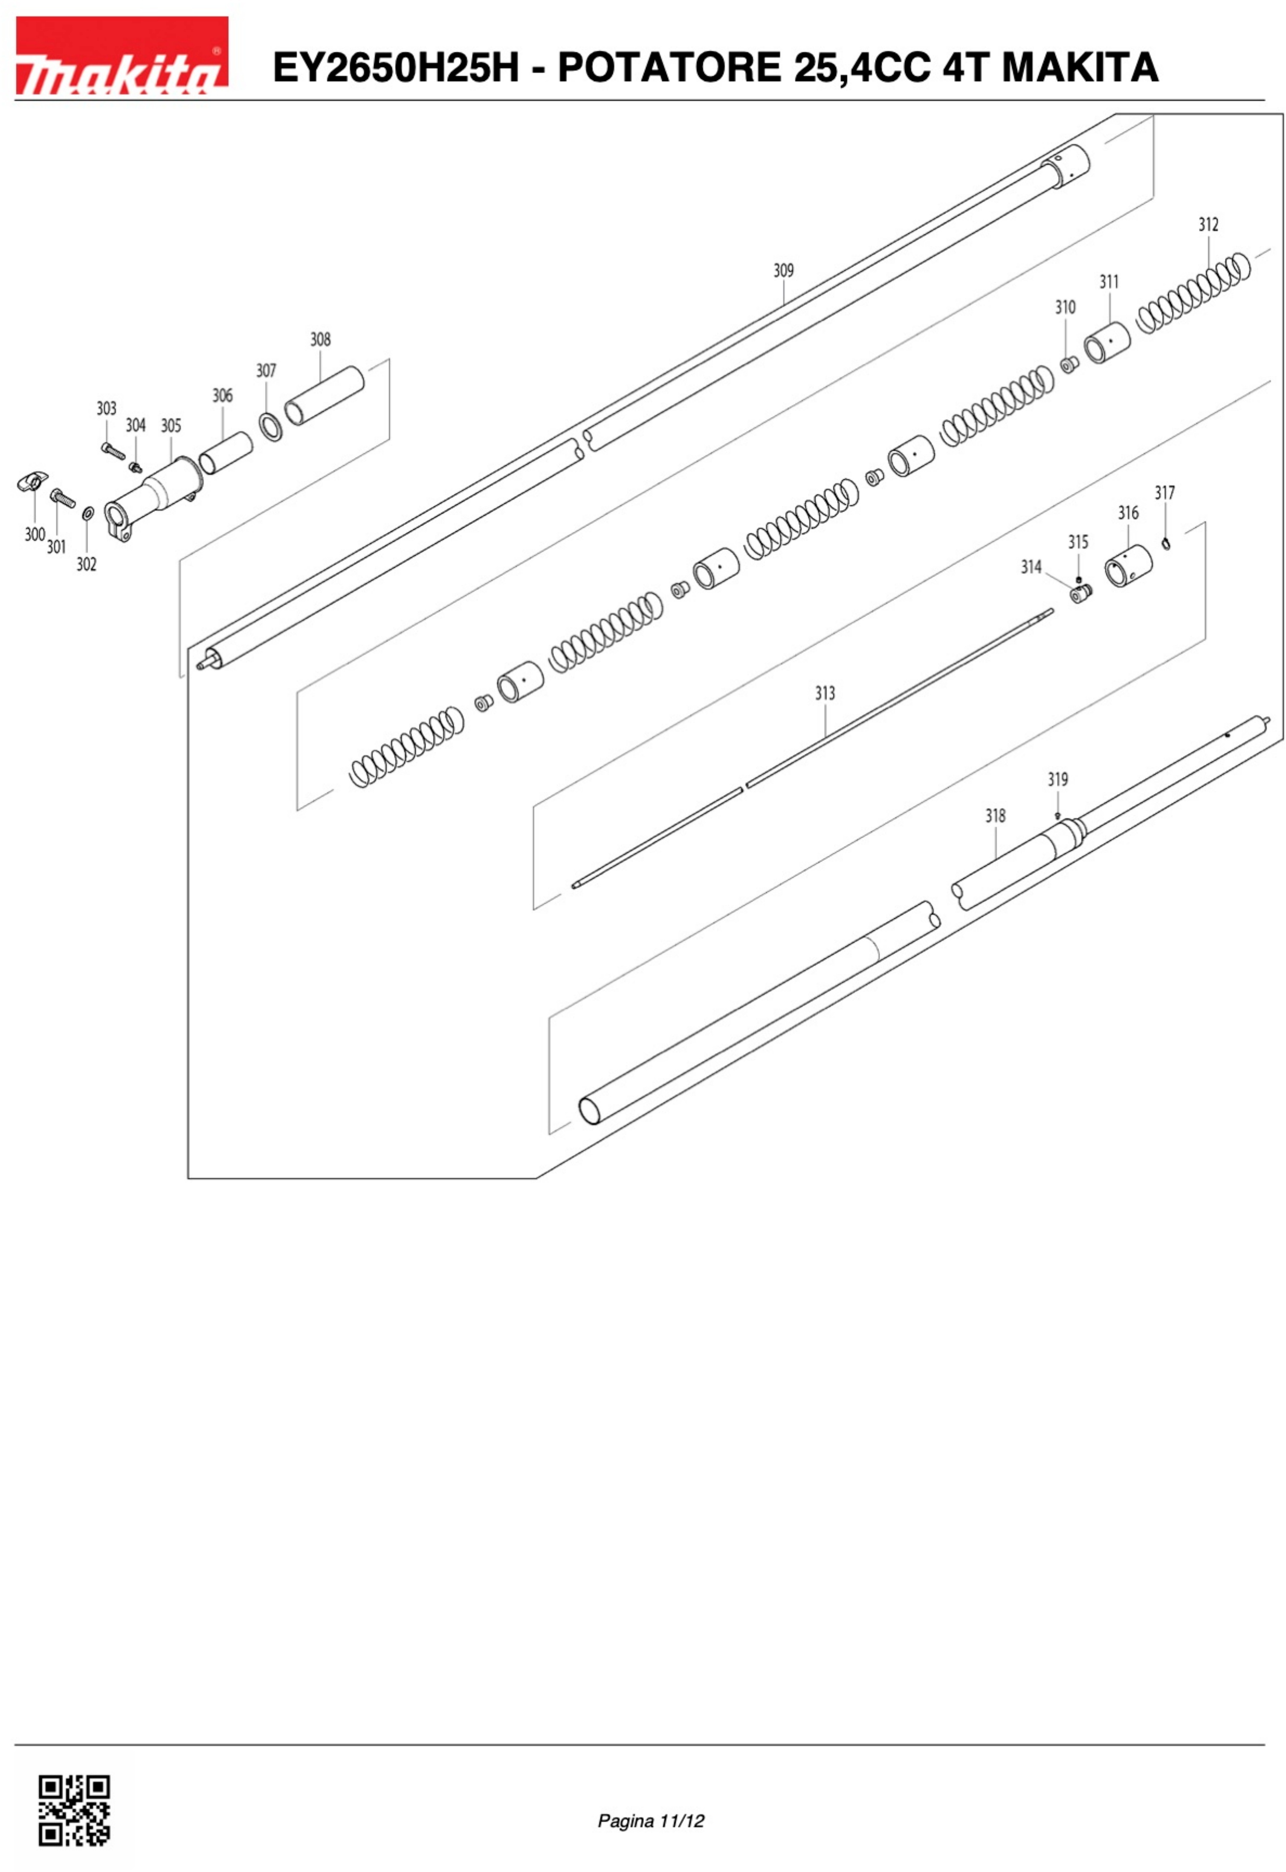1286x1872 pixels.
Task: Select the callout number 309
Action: [x=783, y=271]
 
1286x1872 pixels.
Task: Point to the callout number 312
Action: [x=1208, y=225]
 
